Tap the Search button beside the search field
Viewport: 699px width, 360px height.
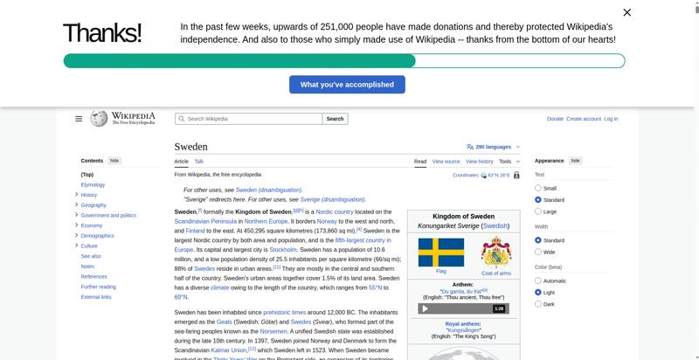coord(335,119)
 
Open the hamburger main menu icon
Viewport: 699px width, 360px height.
coord(79,119)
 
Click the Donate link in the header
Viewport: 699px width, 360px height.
coord(555,119)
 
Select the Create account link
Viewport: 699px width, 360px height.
coord(584,119)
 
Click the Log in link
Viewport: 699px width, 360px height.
coord(611,119)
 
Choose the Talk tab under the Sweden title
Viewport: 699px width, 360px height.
coord(199,162)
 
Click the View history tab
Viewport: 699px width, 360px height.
coord(479,162)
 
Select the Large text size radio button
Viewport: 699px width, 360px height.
coord(538,211)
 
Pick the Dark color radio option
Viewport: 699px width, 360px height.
coord(538,304)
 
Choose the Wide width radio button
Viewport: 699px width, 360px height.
coord(538,252)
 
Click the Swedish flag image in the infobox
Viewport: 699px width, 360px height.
coord(440,253)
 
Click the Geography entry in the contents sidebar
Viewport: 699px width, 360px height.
coord(93,205)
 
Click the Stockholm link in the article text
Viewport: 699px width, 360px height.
coord(283,249)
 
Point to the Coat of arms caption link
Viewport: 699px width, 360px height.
coord(496,273)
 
